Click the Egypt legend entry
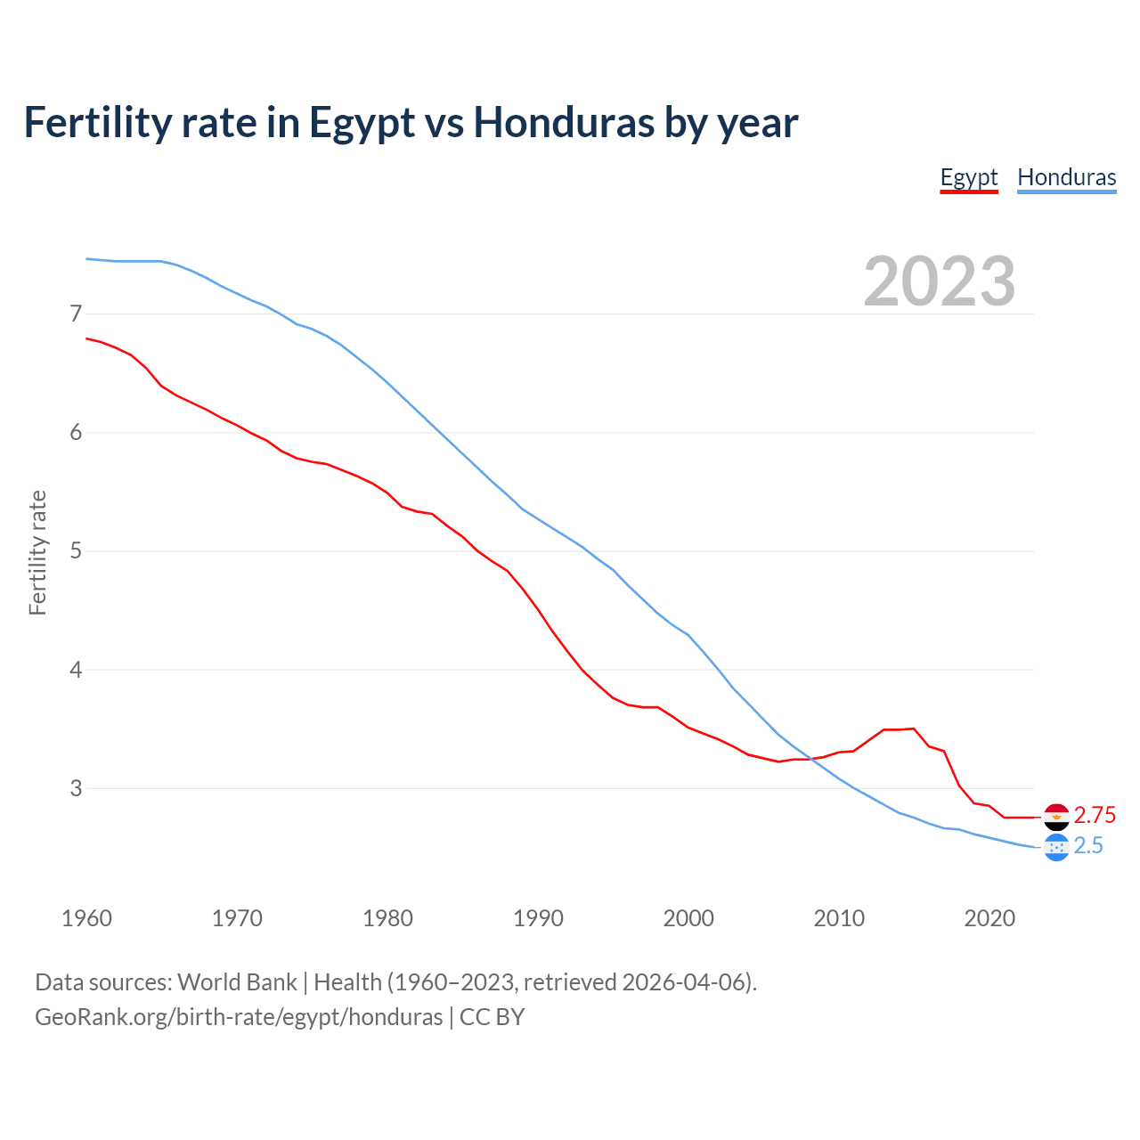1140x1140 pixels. (x=969, y=177)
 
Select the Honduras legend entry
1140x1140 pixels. (x=1066, y=177)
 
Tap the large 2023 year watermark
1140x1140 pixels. (x=939, y=281)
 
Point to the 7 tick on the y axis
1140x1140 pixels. (x=76, y=313)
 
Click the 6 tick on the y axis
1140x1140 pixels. (x=76, y=432)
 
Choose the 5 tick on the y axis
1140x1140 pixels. (x=76, y=550)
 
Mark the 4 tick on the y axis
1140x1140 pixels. (x=76, y=669)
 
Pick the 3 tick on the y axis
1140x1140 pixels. (x=76, y=788)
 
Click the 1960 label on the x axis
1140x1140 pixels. (x=86, y=918)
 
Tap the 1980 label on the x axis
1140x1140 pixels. (x=387, y=918)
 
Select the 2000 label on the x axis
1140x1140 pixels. (x=688, y=918)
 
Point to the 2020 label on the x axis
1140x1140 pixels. (x=989, y=918)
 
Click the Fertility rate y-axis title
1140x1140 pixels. (x=37, y=552)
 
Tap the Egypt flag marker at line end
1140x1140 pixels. (x=1055, y=816)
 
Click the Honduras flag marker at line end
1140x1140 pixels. (x=1055, y=847)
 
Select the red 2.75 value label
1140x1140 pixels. (x=1095, y=816)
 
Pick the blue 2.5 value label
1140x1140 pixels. (x=1088, y=846)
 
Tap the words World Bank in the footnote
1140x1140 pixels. (x=237, y=982)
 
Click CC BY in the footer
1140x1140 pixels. (x=492, y=1017)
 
